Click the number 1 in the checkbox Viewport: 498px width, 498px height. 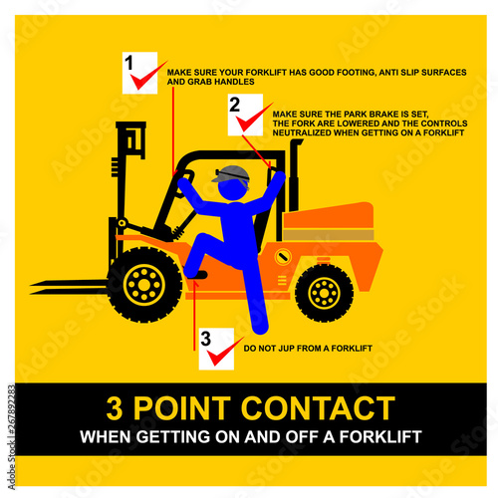click(x=128, y=63)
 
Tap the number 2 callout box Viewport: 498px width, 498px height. click(x=245, y=115)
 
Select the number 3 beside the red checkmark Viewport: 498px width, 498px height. click(x=205, y=339)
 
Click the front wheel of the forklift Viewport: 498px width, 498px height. click(x=144, y=285)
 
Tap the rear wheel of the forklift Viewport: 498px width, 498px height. click(x=324, y=293)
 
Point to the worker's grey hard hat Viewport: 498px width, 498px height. click(x=231, y=174)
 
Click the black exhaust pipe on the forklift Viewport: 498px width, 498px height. click(x=294, y=175)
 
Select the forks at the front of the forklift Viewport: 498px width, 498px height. click(x=69, y=287)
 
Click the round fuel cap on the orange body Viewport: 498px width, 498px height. click(x=283, y=257)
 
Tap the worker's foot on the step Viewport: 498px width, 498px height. click(x=196, y=275)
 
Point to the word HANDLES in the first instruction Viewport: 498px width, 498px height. click(x=237, y=82)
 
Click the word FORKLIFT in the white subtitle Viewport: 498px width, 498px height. click(x=380, y=437)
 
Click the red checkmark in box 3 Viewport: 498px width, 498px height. click(x=221, y=352)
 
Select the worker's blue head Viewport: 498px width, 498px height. click(x=233, y=188)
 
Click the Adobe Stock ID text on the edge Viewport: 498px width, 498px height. click(x=11, y=437)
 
